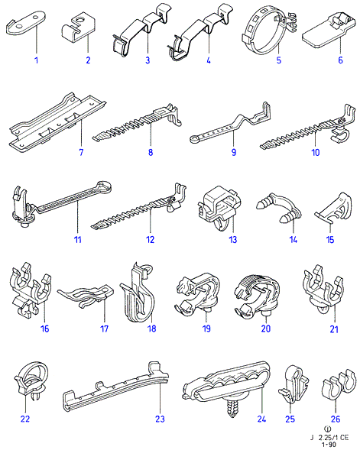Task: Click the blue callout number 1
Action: point(36,60)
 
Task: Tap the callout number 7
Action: point(81,152)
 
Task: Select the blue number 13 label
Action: point(233,239)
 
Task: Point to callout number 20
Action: point(266,329)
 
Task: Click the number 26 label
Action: point(336,419)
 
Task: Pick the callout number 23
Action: point(161,419)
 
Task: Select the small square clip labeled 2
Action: point(79,28)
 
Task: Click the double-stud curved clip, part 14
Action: point(278,209)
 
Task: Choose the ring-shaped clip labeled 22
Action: point(31,379)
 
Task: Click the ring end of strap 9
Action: point(194,140)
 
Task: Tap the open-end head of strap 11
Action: point(104,187)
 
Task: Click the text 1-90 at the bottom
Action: point(328,445)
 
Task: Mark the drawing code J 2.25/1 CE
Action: point(329,438)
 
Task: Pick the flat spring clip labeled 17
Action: point(86,295)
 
